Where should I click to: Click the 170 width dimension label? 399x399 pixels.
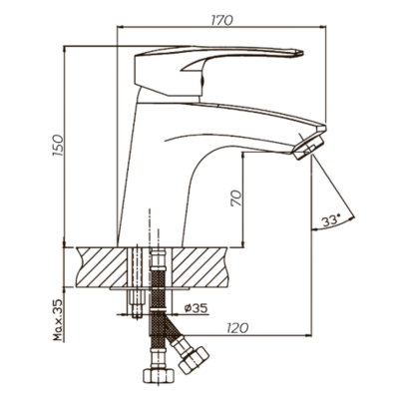222,20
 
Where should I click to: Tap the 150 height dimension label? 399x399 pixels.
57,146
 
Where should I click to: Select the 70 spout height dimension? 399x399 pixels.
235,199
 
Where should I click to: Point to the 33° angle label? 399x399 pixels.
331,220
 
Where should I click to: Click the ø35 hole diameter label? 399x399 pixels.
197,308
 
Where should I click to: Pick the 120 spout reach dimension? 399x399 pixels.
237,328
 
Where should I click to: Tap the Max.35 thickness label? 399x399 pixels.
58,320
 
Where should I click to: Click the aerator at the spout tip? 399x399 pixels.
309,147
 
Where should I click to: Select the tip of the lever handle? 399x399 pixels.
302,53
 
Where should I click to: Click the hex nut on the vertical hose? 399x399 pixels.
159,375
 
